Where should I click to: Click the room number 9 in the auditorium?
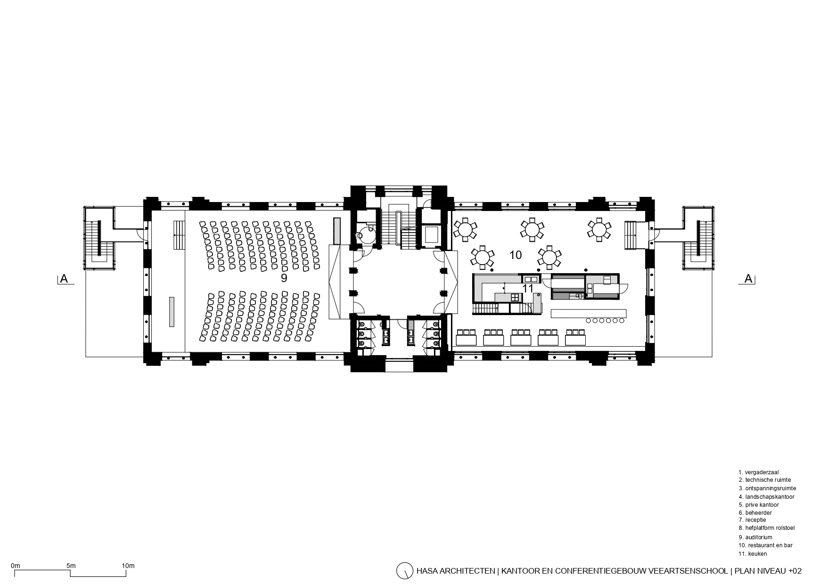284,278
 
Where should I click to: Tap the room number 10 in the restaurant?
516,255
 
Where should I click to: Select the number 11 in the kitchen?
528,288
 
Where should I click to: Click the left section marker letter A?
64,279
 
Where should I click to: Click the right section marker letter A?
748,279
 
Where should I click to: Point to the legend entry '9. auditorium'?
755,537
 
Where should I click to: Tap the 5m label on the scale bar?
71,565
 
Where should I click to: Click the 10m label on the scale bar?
128,565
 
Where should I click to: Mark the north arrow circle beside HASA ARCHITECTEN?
404,570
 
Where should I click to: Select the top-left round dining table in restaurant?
465,230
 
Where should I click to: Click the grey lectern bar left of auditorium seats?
172,311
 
